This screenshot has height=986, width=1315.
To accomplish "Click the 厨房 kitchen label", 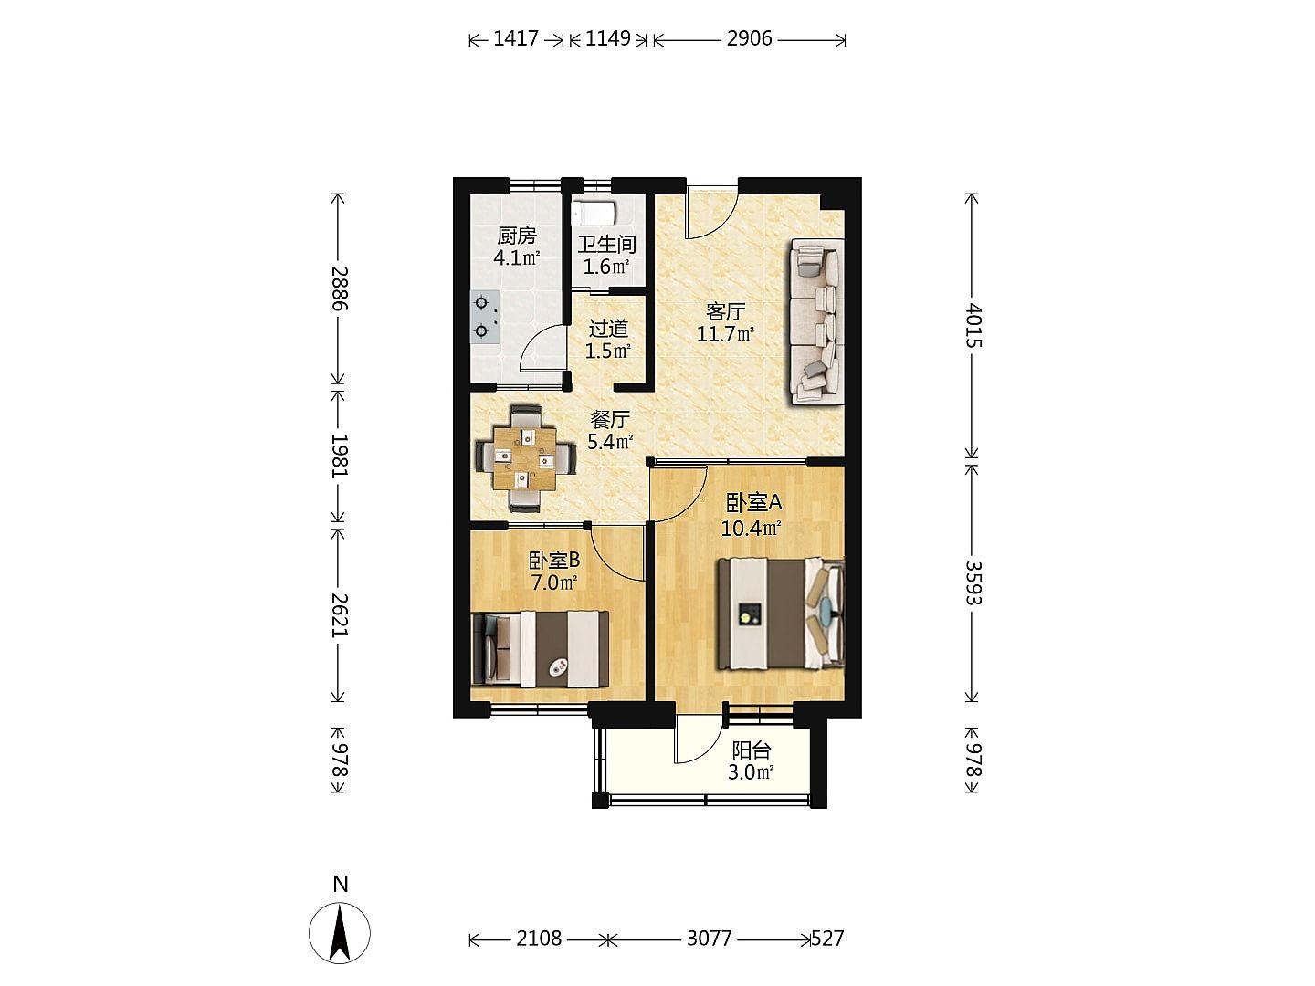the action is tap(516, 236).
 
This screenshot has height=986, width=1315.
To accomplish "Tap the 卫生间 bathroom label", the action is tap(606, 245).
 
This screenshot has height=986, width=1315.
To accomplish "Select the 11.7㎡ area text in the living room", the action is tap(725, 333).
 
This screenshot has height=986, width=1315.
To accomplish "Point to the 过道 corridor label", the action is tap(608, 328).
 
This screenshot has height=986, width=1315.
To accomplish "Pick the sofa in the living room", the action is tap(817, 322).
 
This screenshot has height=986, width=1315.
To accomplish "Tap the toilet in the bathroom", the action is tap(593, 213).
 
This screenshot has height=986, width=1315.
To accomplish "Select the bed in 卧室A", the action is tap(781, 614).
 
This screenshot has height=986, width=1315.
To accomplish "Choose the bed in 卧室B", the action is tap(540, 648).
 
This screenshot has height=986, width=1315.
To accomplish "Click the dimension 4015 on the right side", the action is tap(974, 326).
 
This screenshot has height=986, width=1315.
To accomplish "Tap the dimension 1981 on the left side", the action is tap(340, 455).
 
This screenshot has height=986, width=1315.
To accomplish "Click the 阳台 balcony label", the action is tap(752, 750).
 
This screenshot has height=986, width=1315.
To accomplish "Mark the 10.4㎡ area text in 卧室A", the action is tap(752, 529).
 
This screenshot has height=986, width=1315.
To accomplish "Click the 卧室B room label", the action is tap(554, 561).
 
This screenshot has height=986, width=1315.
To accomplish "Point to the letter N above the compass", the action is tap(341, 885).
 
